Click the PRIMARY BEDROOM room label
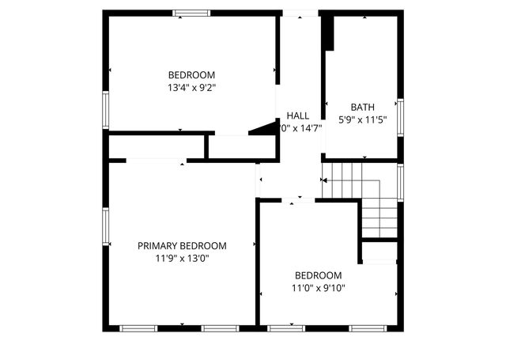click(x=182, y=246)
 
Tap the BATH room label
click(x=363, y=107)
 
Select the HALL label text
click(x=298, y=116)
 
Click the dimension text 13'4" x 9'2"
click(x=191, y=88)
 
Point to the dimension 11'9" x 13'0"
click(x=182, y=258)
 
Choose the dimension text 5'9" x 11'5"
click(x=363, y=119)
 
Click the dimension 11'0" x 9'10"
click(x=319, y=288)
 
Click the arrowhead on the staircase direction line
click(x=323, y=181)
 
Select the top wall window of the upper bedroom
click(x=191, y=13)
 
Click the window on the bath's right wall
click(x=400, y=117)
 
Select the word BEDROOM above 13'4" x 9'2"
click(x=191, y=75)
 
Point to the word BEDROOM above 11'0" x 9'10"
click(x=319, y=275)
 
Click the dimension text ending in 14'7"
click(x=300, y=128)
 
